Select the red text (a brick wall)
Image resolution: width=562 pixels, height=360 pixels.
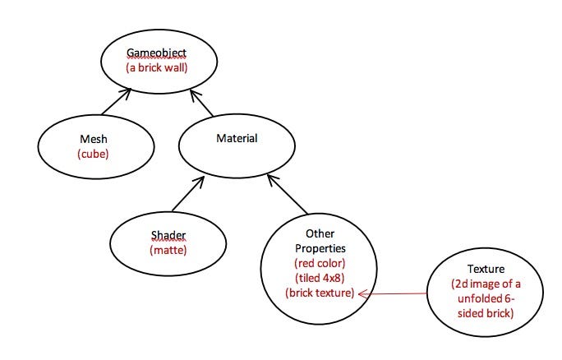click(157, 67)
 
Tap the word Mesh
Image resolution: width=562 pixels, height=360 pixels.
click(94, 139)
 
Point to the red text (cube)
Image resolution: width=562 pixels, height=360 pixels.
click(93, 154)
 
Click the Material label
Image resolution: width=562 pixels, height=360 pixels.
click(237, 138)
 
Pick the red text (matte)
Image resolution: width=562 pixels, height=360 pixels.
click(168, 249)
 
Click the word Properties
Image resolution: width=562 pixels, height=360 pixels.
click(319, 247)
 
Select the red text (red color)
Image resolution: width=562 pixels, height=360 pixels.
click(319, 262)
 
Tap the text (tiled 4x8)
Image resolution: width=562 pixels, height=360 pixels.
click(319, 277)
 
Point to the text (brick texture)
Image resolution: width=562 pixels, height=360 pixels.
click(319, 292)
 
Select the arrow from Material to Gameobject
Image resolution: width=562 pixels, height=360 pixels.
click(201, 103)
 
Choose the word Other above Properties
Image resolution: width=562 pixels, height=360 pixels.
click(319, 233)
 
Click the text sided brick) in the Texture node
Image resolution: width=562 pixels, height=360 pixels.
click(486, 313)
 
